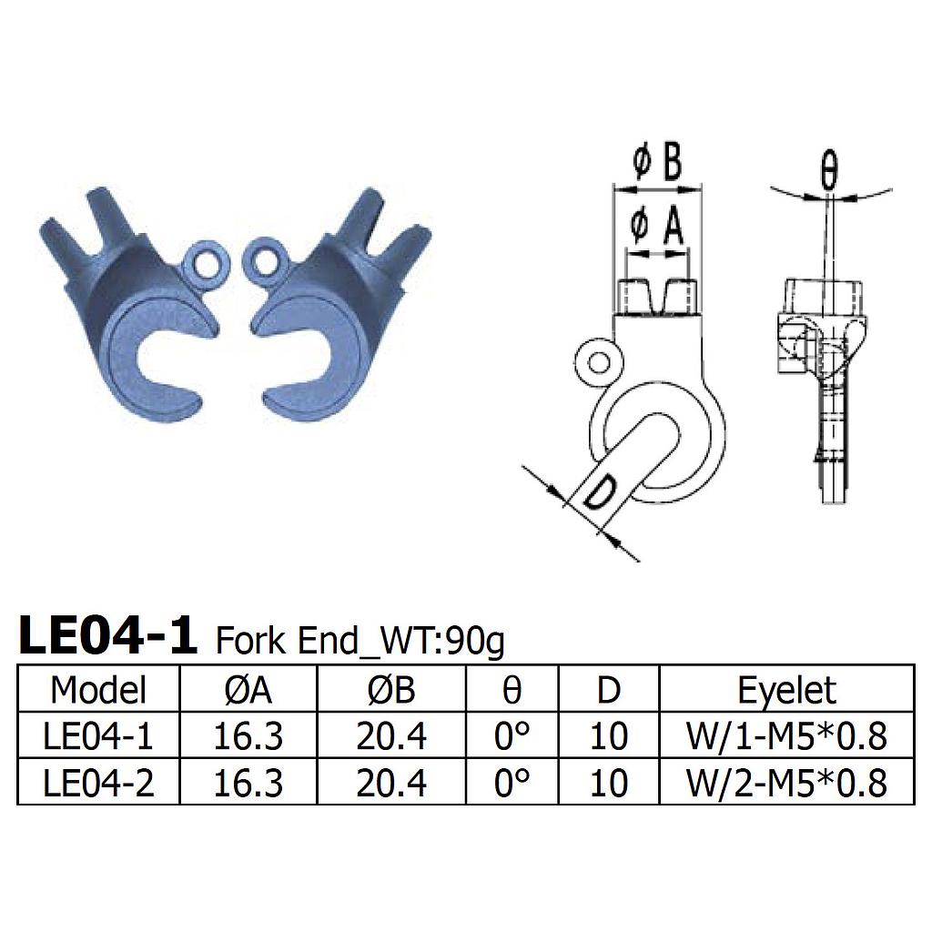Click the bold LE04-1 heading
point(107,636)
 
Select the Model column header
point(98,690)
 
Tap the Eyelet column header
point(786,690)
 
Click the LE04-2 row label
point(98,783)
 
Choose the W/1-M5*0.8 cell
point(786,736)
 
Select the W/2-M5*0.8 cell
point(786,783)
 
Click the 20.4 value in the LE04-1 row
point(390,736)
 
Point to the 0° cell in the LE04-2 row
point(512,783)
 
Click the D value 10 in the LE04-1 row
point(608,736)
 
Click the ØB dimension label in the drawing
point(656,164)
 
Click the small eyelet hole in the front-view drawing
point(598,364)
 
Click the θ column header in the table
point(512,690)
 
